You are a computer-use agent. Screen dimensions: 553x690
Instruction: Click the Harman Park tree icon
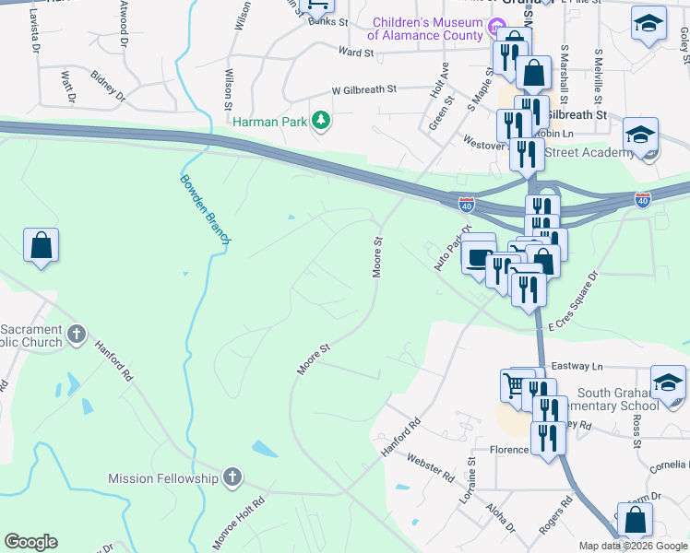coord(321,121)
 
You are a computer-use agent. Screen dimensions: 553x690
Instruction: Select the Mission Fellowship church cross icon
coord(232,477)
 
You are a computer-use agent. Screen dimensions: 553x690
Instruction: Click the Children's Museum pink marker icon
coord(497,28)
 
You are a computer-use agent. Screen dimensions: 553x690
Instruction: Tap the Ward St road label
coord(355,53)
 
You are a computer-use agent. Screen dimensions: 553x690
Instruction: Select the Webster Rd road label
coord(431,467)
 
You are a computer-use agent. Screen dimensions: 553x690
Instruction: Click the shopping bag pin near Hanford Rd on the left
coord(41,246)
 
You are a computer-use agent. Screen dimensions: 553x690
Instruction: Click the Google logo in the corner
coord(30,542)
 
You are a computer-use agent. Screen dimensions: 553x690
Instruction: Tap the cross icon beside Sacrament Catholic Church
coord(77,332)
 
